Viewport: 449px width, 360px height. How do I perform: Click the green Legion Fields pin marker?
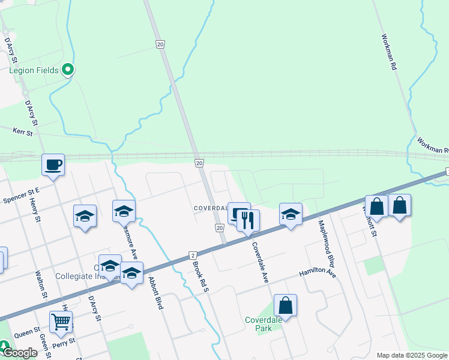pos(68,70)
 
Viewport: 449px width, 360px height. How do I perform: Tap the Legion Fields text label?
pos(34,70)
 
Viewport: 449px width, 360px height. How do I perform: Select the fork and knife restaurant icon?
pos(248,220)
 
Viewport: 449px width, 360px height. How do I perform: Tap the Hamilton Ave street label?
pos(318,273)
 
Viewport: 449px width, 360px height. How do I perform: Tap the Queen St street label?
pos(28,331)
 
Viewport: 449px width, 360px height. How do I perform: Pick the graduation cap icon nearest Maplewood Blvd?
pos(291,214)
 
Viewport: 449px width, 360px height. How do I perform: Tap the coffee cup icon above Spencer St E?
pos(53,164)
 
